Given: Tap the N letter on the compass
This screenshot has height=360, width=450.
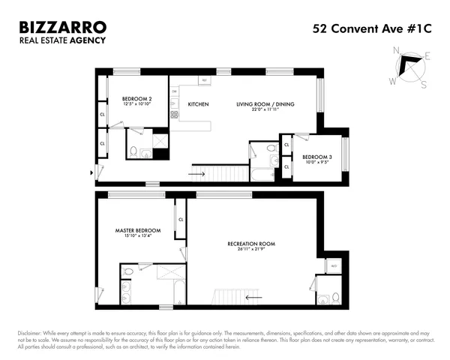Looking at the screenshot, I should point(397,50).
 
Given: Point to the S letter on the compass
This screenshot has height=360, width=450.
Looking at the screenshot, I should point(423,84).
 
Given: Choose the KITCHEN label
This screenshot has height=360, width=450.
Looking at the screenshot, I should point(198,103).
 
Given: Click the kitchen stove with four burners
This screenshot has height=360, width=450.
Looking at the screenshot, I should point(174,114).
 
